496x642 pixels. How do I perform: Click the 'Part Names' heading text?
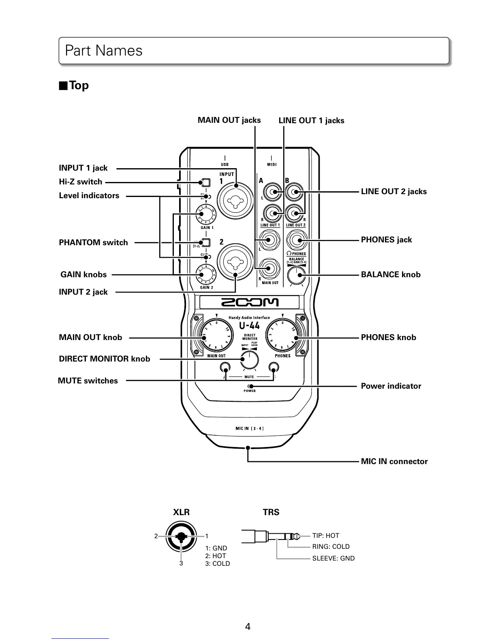tap(104, 51)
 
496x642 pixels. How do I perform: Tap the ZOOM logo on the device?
tap(249, 302)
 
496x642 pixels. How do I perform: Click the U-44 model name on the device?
tap(249, 326)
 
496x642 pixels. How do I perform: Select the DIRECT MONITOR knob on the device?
tap(249, 360)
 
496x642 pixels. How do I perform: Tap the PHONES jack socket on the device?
tap(297, 241)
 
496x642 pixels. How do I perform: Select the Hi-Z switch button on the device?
tap(205, 182)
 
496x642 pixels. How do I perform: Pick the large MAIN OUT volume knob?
tap(216, 337)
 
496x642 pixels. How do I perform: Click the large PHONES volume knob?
tap(282, 337)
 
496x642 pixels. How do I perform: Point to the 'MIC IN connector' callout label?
tap(394, 462)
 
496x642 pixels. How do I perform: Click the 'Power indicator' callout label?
tap(391, 386)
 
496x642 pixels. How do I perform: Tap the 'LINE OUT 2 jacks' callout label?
tap(393, 192)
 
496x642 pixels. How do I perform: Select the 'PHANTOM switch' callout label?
tap(93, 243)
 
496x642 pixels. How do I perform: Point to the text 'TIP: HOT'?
tap(325, 536)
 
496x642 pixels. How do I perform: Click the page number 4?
tap(248, 627)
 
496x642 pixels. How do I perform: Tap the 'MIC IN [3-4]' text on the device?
tap(250, 428)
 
